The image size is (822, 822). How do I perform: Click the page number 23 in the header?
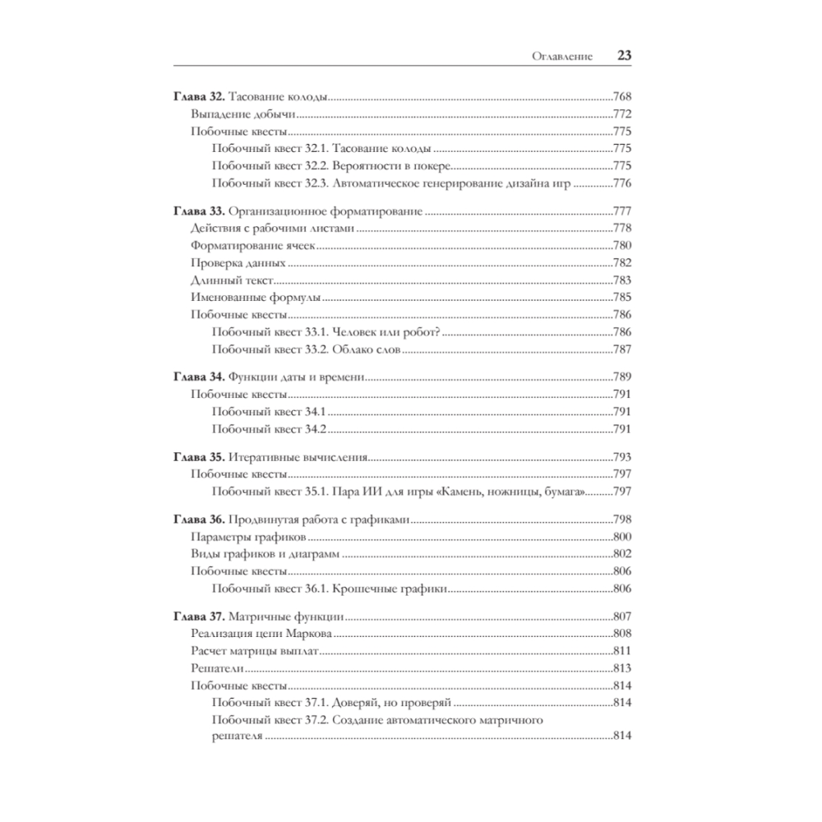pyautogui.click(x=623, y=56)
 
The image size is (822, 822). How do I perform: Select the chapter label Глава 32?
pyautogui.click(x=197, y=97)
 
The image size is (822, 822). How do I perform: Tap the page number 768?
pyautogui.click(x=621, y=97)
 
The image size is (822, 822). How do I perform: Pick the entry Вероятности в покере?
pyautogui.click(x=386, y=165)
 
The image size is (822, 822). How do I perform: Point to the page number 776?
pyautogui.click(x=621, y=182)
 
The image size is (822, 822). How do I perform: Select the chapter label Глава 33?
pyautogui.click(x=197, y=211)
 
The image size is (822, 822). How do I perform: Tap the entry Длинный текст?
pyautogui.click(x=231, y=280)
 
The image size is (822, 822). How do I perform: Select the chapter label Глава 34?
pyautogui.click(x=197, y=377)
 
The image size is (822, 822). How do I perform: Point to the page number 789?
pyautogui.click(x=621, y=377)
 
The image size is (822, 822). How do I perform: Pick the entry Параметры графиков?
pyautogui.click(x=248, y=537)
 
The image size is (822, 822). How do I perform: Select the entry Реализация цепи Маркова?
pyautogui.click(x=261, y=634)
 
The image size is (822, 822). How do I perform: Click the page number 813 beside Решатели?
pyautogui.click(x=621, y=668)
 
